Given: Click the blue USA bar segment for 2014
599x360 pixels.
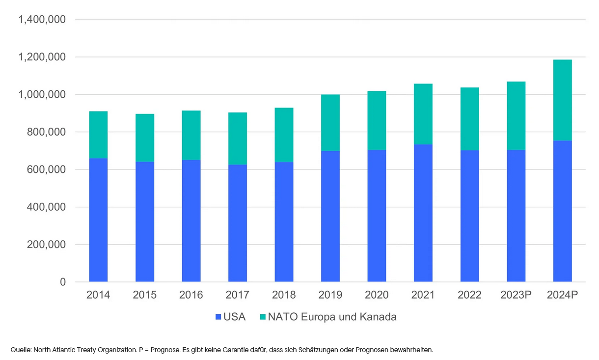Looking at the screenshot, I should click(x=98, y=220).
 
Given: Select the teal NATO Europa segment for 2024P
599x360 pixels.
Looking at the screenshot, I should click(x=562, y=100).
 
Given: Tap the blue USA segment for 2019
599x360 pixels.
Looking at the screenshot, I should click(x=330, y=216).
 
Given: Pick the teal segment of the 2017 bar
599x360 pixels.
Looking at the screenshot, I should click(x=238, y=138).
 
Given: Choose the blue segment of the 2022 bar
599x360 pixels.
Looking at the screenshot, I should click(x=469, y=216).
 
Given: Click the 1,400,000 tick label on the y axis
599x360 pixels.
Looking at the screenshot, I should click(x=42, y=20).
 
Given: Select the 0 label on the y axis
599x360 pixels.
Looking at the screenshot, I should click(x=63, y=282).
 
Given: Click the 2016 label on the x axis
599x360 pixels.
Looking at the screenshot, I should click(x=191, y=295).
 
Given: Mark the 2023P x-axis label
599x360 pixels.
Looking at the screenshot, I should click(x=516, y=295).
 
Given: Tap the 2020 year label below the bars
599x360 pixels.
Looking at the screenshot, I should click(x=377, y=295).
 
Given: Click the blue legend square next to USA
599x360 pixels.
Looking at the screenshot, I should click(x=218, y=317).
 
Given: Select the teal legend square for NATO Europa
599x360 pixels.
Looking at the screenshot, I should click(x=263, y=317).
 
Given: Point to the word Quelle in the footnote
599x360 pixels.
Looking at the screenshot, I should click(x=21, y=350).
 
